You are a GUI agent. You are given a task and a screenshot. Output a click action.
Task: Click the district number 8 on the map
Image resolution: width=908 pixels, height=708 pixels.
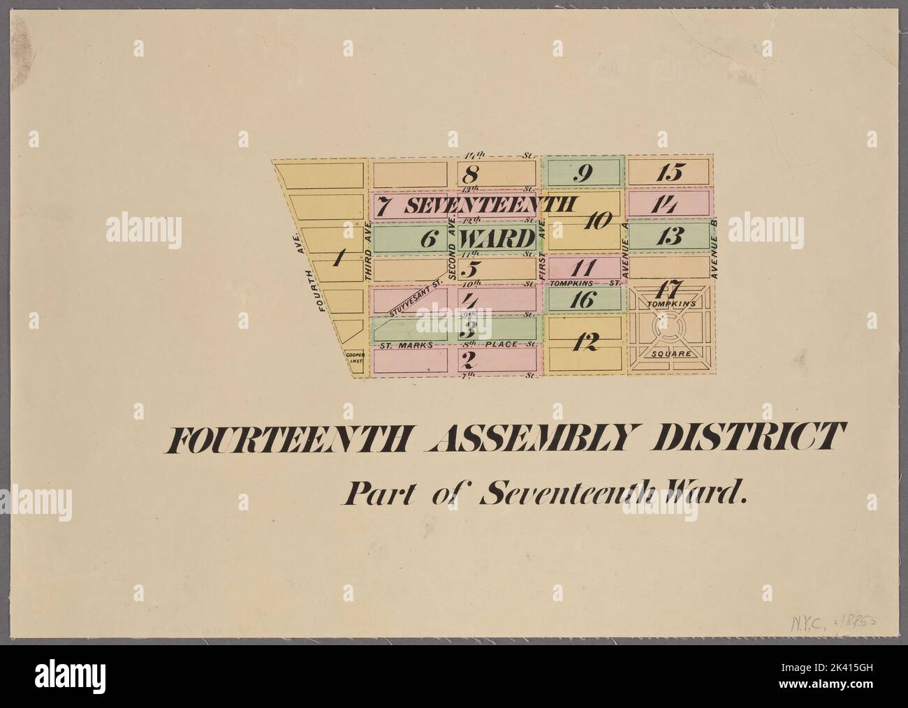tap(473, 173)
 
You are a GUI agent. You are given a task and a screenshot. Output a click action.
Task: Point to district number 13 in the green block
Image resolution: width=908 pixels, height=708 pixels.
tap(668, 236)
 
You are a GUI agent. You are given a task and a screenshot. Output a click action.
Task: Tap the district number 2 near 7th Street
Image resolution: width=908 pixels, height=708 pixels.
tap(469, 361)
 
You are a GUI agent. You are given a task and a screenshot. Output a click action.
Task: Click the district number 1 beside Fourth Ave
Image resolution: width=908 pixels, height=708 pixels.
tap(339, 259)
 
